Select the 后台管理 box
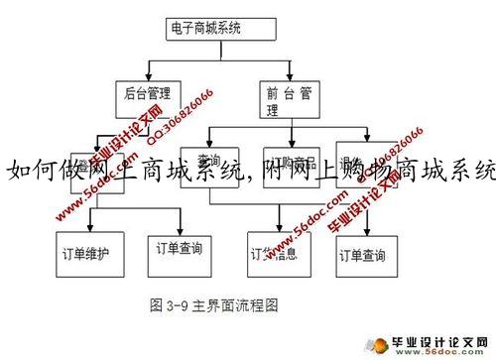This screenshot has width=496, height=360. (149, 96)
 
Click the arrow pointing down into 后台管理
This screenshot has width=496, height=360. (148, 73)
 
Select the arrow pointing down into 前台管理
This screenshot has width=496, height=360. (278, 73)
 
